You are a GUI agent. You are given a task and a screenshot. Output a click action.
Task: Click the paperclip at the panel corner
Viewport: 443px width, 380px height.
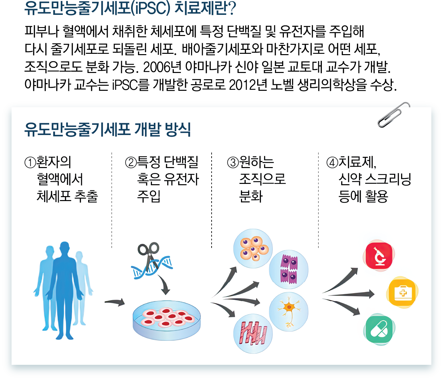[x=393, y=115]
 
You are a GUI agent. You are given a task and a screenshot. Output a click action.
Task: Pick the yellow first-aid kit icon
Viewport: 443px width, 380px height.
[x=402, y=293]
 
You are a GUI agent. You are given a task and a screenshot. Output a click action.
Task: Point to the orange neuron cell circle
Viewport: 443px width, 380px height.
[x=289, y=311]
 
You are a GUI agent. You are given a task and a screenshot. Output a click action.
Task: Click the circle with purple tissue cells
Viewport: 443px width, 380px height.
[x=289, y=269]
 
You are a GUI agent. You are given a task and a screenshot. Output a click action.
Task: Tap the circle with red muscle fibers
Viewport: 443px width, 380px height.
[x=253, y=333]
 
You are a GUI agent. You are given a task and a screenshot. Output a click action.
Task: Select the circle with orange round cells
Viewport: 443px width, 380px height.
[x=253, y=248]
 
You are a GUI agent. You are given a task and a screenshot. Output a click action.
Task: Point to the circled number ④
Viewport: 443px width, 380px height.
[x=332, y=162]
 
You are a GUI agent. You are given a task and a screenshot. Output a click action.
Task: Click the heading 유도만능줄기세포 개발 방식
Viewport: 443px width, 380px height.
[x=108, y=129]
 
